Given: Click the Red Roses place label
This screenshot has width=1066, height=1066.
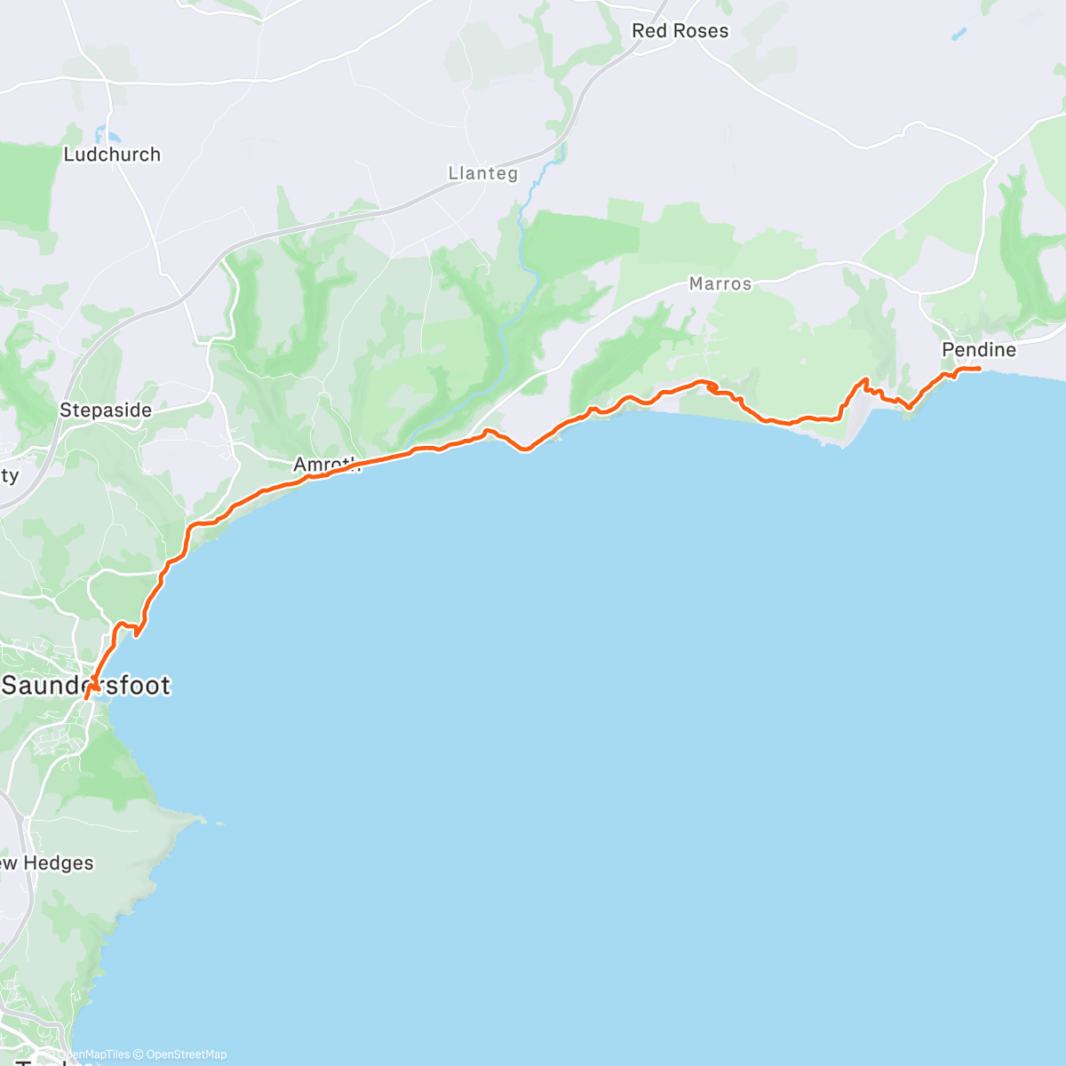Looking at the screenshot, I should [680, 31].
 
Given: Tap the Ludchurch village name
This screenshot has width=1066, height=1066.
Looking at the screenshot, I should [112, 155].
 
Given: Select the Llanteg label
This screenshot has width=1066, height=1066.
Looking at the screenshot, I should [482, 173].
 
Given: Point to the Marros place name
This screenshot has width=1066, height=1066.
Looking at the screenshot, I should [720, 284].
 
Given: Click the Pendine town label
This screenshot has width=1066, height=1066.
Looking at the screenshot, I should [978, 350].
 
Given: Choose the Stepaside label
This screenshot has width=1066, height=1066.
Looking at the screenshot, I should [106, 410].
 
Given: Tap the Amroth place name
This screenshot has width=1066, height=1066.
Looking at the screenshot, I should [325, 464].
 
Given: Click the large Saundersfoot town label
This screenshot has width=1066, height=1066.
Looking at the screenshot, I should [86, 685].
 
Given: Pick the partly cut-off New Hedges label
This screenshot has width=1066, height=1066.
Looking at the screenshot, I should [47, 863].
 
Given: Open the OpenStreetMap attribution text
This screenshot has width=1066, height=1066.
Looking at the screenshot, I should [186, 1054].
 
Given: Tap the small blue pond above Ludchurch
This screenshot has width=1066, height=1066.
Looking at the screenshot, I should [113, 136].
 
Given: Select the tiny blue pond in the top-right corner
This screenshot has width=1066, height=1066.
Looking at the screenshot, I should [958, 35].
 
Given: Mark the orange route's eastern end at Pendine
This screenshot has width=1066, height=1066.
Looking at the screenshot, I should [978, 369].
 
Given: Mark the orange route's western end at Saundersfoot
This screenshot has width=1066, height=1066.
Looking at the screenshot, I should [86, 699].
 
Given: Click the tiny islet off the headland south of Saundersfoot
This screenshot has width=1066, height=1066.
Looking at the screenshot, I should [218, 823].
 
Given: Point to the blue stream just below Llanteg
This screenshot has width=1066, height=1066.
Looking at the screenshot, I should [533, 191].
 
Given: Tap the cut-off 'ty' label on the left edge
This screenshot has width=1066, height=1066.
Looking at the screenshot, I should [9, 476].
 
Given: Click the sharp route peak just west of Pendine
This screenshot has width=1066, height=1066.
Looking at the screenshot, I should [863, 380].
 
